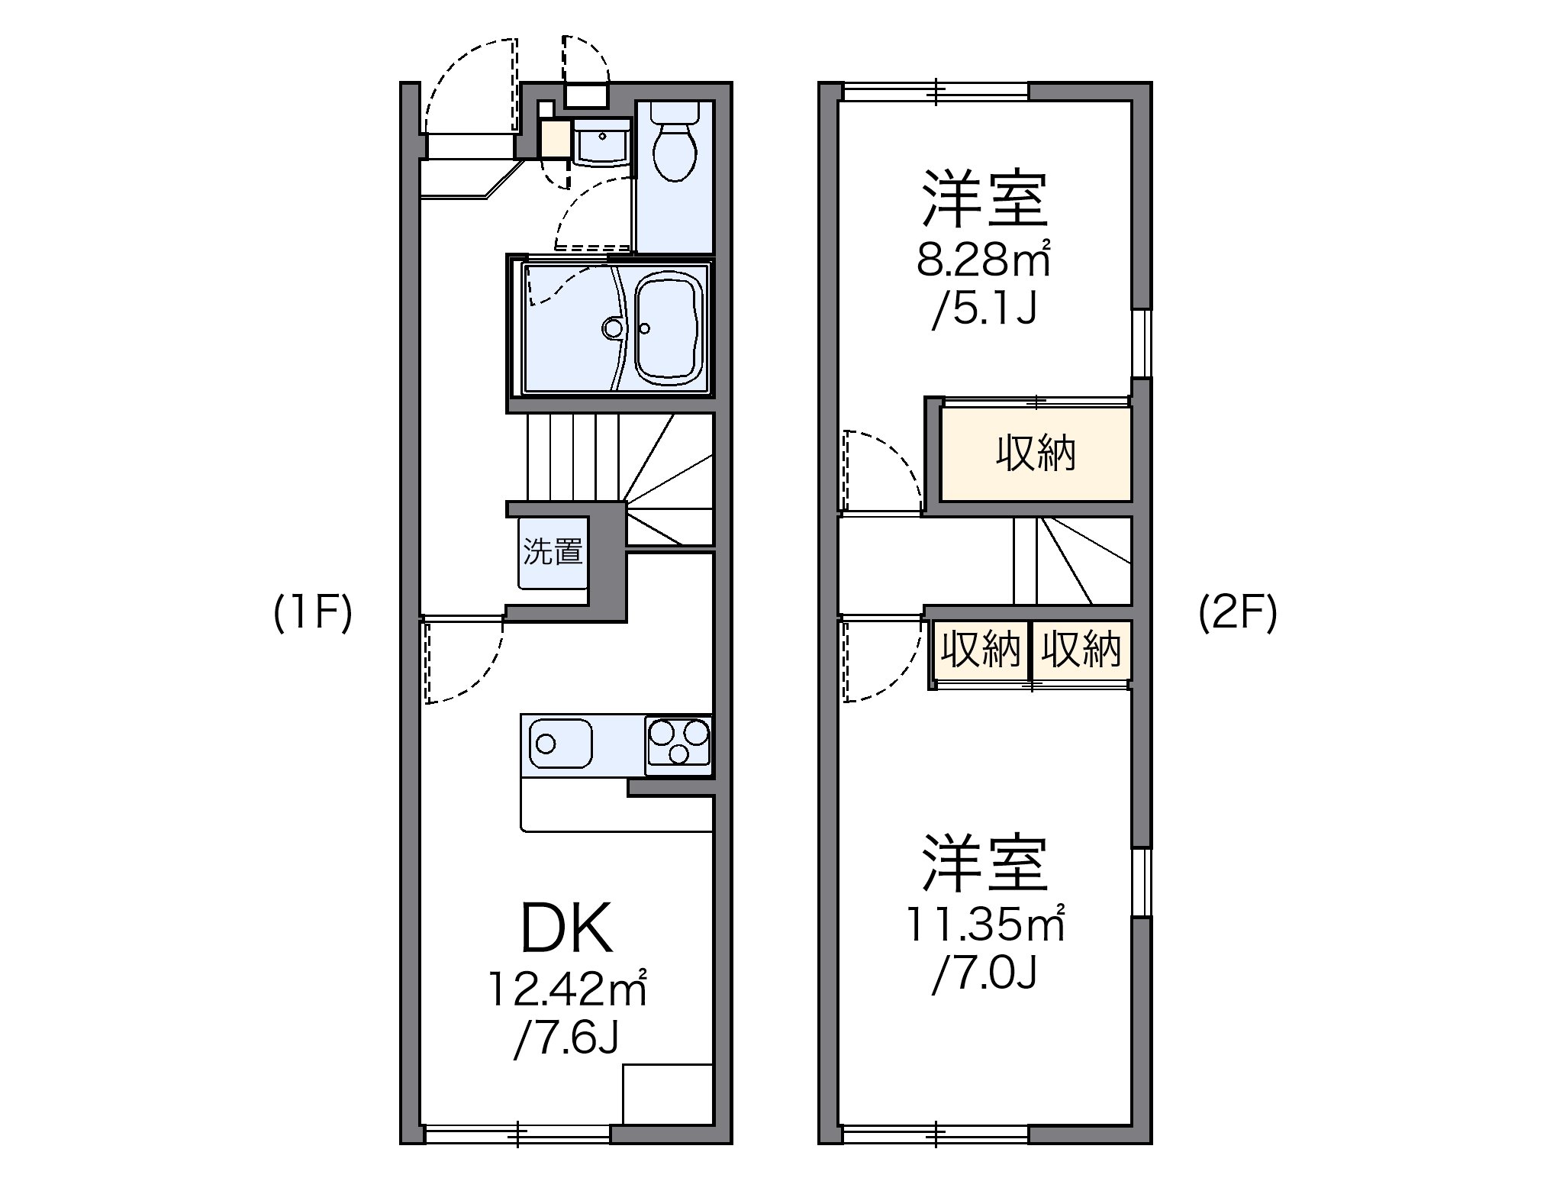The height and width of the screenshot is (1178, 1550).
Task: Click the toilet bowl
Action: [675, 153]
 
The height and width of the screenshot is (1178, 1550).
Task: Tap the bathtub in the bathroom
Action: [669, 330]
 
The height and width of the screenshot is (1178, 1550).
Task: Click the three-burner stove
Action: [678, 741]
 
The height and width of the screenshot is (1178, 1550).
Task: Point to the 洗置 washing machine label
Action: [553, 551]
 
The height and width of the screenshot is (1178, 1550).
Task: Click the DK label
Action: [566, 928]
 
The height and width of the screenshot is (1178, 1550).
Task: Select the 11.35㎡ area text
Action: [984, 925]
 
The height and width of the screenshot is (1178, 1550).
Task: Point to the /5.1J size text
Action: [984, 310]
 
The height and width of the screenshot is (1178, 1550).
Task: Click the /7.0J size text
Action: [984, 973]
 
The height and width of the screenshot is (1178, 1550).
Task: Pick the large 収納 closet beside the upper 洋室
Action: [1035, 455]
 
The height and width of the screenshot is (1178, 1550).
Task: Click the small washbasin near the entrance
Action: [601, 143]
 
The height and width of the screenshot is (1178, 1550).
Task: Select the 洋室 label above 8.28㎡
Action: [984, 200]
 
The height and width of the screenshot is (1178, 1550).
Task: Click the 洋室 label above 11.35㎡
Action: [984, 864]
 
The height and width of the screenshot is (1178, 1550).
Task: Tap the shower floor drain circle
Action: [612, 328]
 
